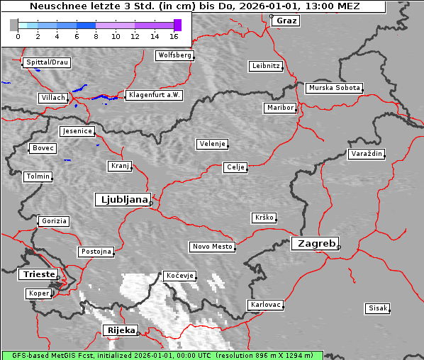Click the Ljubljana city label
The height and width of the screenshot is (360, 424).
[122, 200]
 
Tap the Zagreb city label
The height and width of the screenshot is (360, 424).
[314, 243]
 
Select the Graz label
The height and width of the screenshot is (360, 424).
[286, 21]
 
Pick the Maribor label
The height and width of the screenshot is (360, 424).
[279, 108]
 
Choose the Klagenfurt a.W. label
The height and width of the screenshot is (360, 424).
[154, 95]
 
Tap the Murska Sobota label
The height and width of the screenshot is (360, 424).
[334, 89]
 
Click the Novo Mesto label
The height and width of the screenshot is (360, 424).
[212, 247]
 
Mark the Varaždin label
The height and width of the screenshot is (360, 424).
[367, 154]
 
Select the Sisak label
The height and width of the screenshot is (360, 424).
[377, 308]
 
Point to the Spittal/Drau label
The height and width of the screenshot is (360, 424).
[47, 62]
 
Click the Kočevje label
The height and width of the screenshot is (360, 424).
[179, 275]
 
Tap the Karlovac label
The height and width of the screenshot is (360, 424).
[266, 305]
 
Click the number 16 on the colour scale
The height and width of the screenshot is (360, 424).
[174, 36]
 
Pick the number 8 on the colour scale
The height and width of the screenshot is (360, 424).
[96, 36]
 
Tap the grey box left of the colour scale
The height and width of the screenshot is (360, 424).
[13, 25]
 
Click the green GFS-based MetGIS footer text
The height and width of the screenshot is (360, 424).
[162, 355]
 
